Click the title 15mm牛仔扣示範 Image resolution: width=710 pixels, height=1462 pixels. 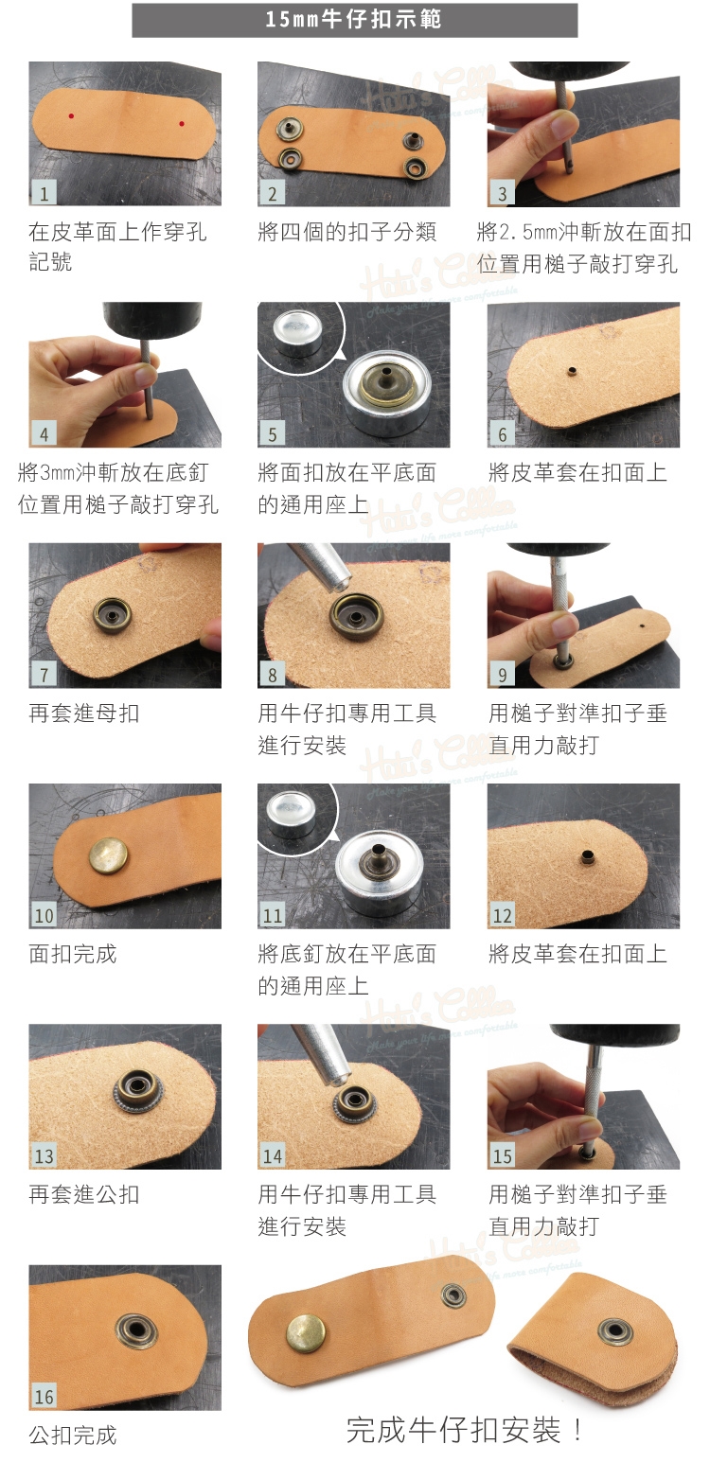[x=353, y=19]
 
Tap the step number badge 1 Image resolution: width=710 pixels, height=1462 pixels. [x=44, y=193]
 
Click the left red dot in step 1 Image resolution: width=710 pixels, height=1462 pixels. [x=71, y=116]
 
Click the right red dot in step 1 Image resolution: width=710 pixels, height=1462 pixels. [x=181, y=123]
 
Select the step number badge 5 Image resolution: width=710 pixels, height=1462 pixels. [x=273, y=434]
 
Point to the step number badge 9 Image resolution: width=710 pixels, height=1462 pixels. [x=502, y=675]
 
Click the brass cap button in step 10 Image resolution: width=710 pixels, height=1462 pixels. [x=109, y=855]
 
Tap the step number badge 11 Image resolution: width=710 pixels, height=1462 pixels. [x=273, y=916]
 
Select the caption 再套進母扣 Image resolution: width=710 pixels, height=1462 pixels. [x=84, y=713]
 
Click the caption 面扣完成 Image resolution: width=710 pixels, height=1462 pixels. [x=73, y=954]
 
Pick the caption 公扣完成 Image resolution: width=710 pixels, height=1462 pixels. [x=73, y=1436]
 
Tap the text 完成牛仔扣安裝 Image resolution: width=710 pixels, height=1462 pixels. [x=453, y=1431]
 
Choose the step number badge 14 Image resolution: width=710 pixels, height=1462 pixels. [x=273, y=1156]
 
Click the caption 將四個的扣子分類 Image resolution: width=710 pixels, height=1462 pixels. [x=346, y=232]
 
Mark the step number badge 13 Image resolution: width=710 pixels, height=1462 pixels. [x=44, y=1156]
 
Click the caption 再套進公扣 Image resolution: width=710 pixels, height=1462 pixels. [x=84, y=1194]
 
